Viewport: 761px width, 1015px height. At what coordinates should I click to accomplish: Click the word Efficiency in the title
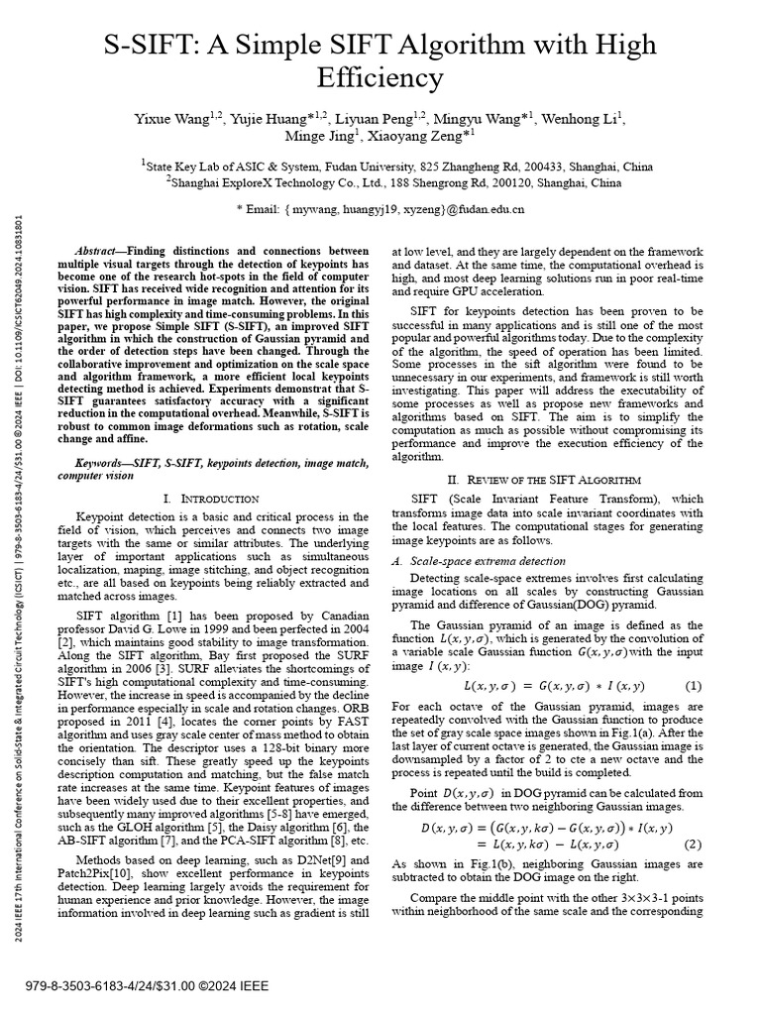tap(380, 77)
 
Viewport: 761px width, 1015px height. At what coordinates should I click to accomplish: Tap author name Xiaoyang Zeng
tap(417, 137)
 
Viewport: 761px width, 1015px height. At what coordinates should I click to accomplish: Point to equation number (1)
tap(693, 686)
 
